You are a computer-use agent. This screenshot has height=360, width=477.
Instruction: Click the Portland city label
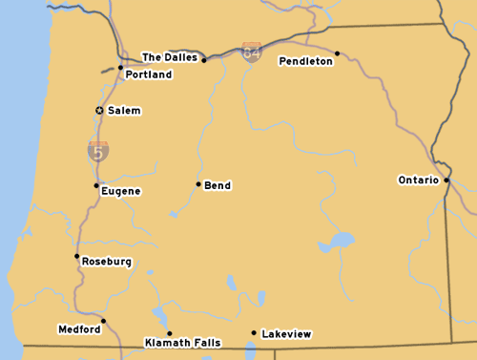148,74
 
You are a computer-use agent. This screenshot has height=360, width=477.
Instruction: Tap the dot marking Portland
120,68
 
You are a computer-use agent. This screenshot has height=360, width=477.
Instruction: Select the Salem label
124,111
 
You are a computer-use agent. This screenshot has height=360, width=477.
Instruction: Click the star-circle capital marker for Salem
99,111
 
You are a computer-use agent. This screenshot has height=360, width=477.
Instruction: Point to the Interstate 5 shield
98,150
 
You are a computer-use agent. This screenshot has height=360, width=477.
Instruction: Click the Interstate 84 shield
252,52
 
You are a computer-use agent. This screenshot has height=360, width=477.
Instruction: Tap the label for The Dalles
170,57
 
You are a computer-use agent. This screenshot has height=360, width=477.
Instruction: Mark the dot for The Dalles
204,60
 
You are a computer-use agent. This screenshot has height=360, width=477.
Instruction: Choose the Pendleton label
305,61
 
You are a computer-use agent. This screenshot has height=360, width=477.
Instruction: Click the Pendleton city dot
338,53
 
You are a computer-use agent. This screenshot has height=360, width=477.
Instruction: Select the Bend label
218,185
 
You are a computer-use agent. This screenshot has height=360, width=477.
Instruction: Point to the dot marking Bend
198,184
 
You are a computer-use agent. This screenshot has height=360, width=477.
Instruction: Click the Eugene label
121,191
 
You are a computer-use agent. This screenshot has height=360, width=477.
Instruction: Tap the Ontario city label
418,180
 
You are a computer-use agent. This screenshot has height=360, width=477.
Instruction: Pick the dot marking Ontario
446,179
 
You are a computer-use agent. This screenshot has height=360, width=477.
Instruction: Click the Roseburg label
107,262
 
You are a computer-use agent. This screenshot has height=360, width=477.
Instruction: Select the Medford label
79,329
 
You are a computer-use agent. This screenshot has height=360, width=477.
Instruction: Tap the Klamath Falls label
182,342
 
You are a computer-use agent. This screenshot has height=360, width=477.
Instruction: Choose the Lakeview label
286,334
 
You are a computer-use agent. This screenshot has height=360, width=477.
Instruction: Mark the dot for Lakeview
254,333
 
